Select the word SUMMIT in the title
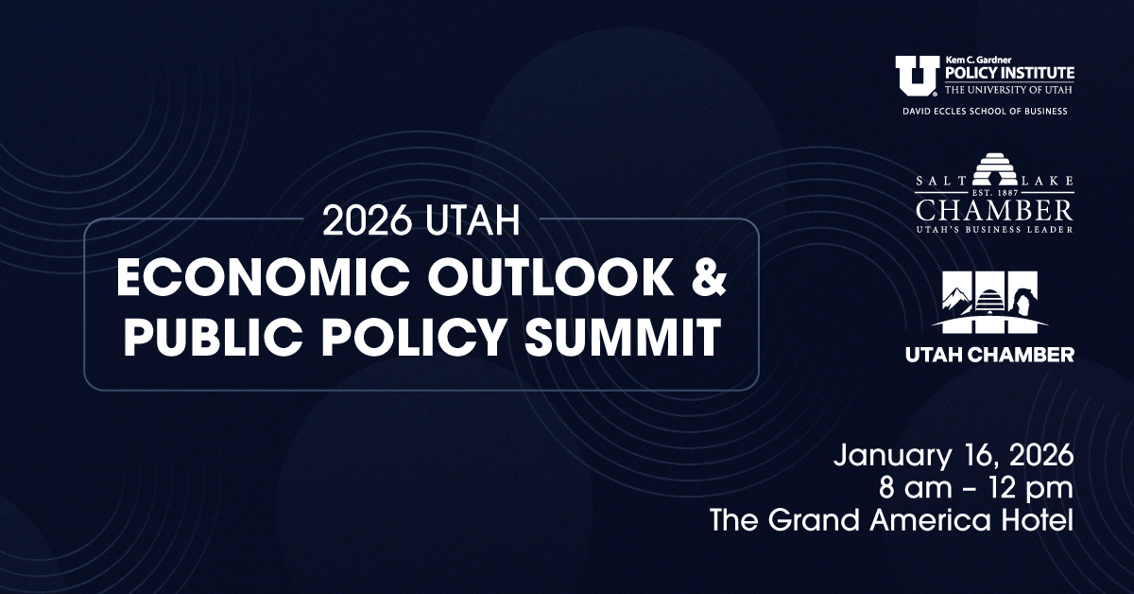(623, 337)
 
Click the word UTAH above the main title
(472, 220)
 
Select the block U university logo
(917, 76)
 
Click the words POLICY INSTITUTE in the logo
(1009, 74)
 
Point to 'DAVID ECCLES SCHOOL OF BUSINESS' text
(985, 112)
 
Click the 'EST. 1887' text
(995, 193)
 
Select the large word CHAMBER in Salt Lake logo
(994, 211)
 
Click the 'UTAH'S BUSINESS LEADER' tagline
(994, 230)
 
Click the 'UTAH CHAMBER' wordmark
(989, 355)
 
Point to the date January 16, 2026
(954, 456)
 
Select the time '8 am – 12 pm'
(975, 488)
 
